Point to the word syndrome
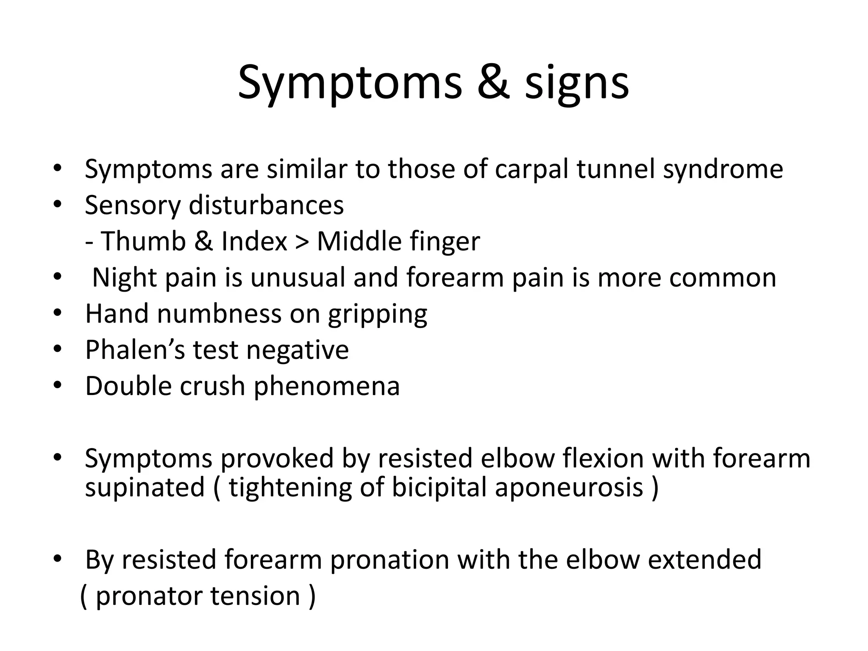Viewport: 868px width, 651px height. (x=723, y=170)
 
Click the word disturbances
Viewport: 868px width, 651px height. (x=266, y=205)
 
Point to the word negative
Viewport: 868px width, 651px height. (x=297, y=350)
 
